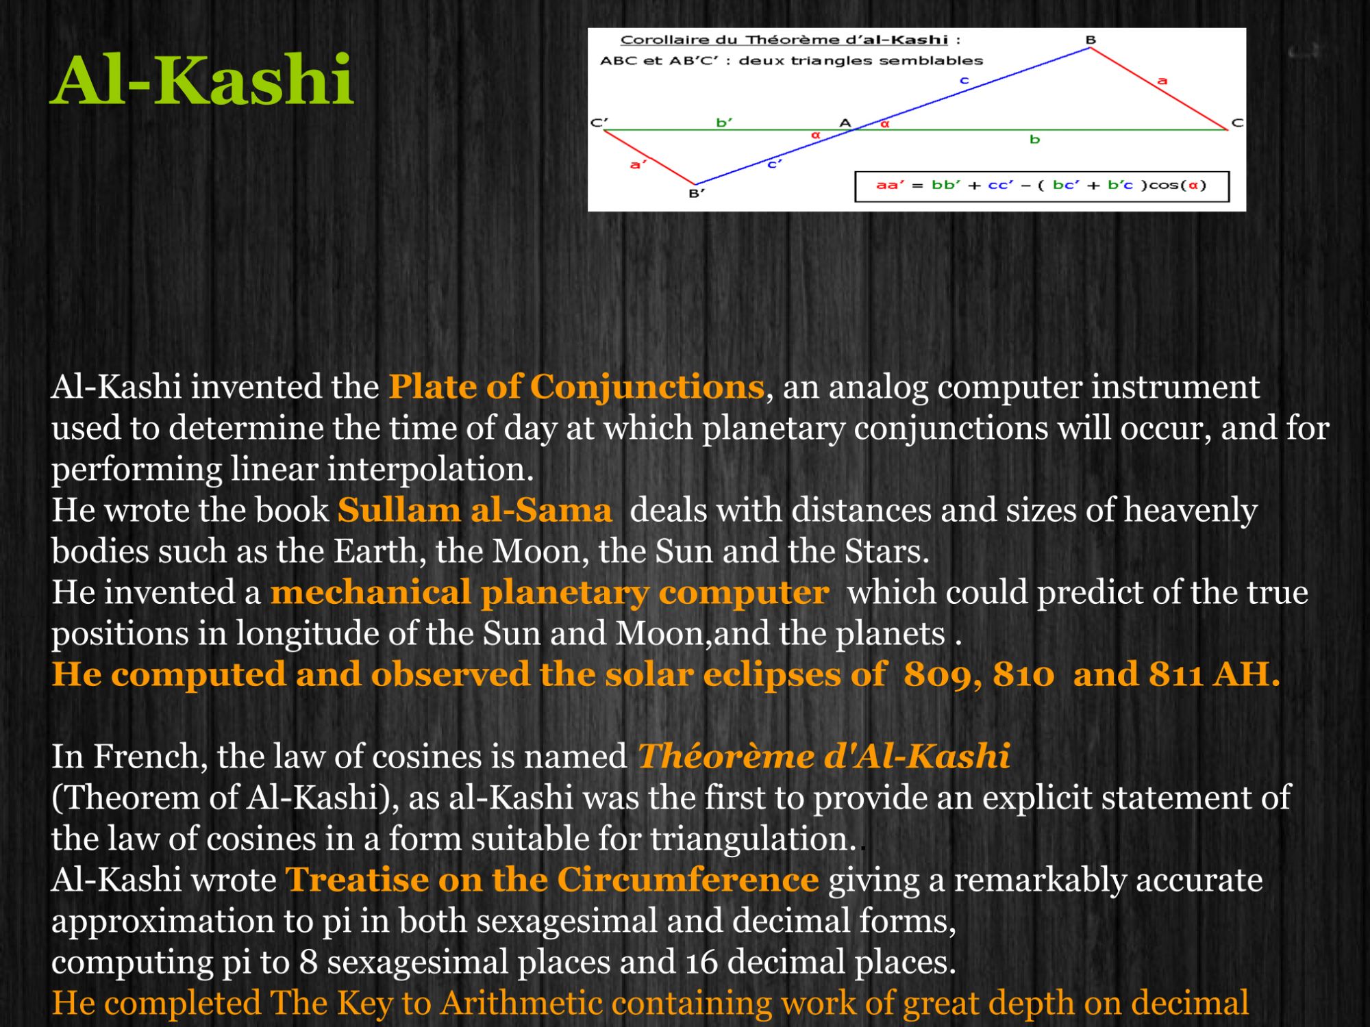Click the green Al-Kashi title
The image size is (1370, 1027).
tap(202, 81)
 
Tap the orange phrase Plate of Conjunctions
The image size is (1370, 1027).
tap(576, 387)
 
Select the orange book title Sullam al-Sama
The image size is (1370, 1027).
tap(474, 510)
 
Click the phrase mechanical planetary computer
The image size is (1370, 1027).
tap(549, 592)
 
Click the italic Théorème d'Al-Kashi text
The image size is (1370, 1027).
tap(823, 757)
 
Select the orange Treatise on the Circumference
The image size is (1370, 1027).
tap(551, 880)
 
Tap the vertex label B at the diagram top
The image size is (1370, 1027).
tap(1091, 40)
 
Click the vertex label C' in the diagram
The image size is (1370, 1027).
tap(599, 123)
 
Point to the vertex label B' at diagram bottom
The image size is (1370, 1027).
tap(696, 194)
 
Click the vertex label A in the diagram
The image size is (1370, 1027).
tap(845, 123)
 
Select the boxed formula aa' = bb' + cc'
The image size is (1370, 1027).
tap(1041, 186)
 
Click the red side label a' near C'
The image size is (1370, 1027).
tap(638, 164)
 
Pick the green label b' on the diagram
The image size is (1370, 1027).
tap(724, 123)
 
